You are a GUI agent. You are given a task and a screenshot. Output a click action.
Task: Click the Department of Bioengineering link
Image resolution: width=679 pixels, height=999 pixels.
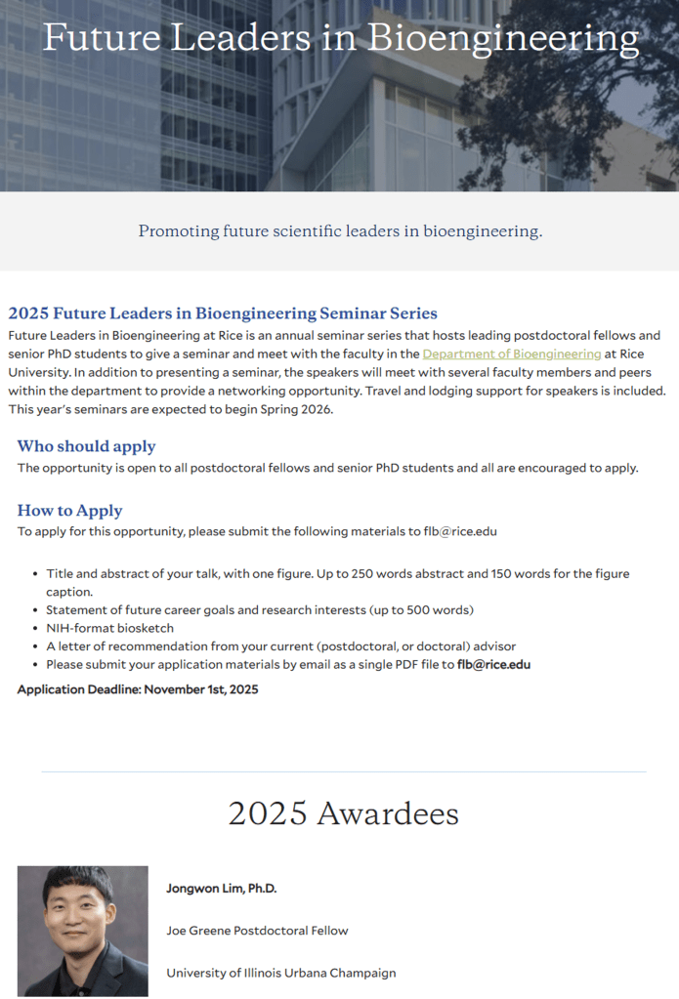click(x=512, y=354)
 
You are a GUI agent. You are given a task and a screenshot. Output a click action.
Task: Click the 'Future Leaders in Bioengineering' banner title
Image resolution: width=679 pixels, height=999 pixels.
click(x=340, y=39)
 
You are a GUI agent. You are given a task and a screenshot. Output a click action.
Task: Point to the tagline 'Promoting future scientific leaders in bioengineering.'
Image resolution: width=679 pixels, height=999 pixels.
click(x=340, y=231)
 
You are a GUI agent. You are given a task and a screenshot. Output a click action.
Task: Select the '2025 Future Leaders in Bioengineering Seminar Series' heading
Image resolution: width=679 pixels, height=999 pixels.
click(x=223, y=313)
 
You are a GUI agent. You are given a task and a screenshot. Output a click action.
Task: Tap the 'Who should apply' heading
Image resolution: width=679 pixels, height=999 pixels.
click(x=87, y=446)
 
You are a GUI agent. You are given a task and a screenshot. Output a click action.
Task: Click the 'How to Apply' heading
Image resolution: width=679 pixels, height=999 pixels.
click(x=70, y=511)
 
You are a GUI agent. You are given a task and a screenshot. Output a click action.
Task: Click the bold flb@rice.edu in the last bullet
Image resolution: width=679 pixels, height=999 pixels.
click(x=493, y=665)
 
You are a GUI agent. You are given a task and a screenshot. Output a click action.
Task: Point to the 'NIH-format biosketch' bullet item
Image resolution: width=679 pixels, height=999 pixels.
click(x=109, y=628)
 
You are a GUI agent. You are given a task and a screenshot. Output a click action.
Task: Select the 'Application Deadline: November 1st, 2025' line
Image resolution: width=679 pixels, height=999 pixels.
click(x=138, y=689)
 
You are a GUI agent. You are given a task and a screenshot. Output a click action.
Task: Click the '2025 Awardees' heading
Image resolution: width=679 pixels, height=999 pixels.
click(x=343, y=813)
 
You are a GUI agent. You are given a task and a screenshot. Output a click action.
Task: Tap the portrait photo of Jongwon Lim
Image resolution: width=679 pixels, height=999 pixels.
click(x=83, y=931)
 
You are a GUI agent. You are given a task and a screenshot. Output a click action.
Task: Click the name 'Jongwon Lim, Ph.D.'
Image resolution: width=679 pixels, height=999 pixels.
click(x=222, y=889)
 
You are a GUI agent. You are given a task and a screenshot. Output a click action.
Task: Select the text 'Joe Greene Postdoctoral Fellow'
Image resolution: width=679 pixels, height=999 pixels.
click(x=257, y=931)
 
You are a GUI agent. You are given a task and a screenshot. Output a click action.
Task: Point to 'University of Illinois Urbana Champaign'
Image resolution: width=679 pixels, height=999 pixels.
click(x=280, y=973)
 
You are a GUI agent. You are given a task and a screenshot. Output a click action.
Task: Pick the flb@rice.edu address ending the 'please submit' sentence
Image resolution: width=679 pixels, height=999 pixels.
click(x=469, y=531)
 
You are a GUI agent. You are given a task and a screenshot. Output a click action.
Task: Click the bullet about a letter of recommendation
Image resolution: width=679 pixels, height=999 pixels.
click(x=280, y=646)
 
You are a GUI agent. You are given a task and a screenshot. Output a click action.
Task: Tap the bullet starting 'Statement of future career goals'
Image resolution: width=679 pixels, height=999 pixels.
click(x=260, y=610)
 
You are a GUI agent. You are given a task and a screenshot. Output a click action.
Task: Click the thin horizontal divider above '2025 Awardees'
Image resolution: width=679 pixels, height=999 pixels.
click(x=343, y=771)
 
